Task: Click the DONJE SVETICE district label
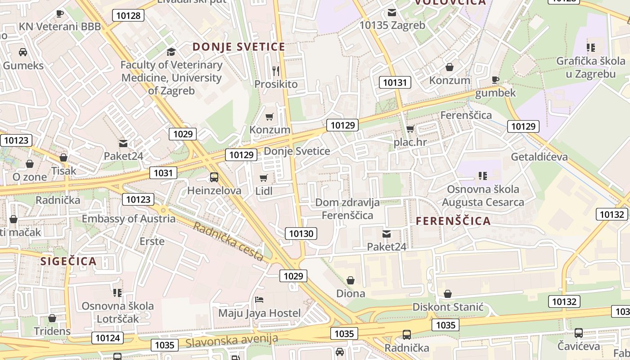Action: click(x=239, y=47)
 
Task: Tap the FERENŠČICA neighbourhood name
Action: click(x=453, y=221)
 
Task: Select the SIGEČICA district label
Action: click(x=68, y=261)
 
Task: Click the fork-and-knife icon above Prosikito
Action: click(x=276, y=71)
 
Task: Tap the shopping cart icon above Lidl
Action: click(x=264, y=178)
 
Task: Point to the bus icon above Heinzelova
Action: click(x=214, y=177)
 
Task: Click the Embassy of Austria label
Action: click(x=129, y=219)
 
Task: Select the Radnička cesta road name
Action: click(x=228, y=241)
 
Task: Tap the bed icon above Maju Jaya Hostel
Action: click(x=259, y=299)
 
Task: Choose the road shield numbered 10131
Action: click(x=395, y=82)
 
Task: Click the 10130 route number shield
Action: click(x=301, y=233)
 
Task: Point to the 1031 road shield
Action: click(x=163, y=173)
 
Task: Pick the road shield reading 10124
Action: click(x=108, y=337)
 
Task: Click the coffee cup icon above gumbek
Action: click(x=495, y=80)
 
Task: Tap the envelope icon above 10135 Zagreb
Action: click(x=392, y=12)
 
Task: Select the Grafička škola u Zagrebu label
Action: click(x=591, y=67)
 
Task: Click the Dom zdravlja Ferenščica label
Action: click(x=347, y=209)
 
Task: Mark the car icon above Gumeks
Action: click(x=23, y=52)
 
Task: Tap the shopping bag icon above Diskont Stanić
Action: click(x=448, y=294)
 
